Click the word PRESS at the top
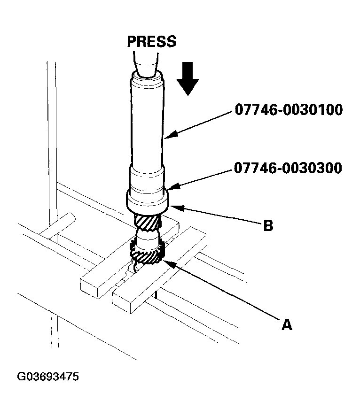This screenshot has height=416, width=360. point(152,41)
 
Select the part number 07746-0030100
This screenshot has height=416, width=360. point(289,111)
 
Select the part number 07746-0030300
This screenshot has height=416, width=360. point(289,168)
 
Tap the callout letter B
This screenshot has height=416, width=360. point(268,225)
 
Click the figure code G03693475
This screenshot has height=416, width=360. point(48,377)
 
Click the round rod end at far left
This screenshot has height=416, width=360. point(69,218)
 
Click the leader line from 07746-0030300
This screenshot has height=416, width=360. point(202,177)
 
